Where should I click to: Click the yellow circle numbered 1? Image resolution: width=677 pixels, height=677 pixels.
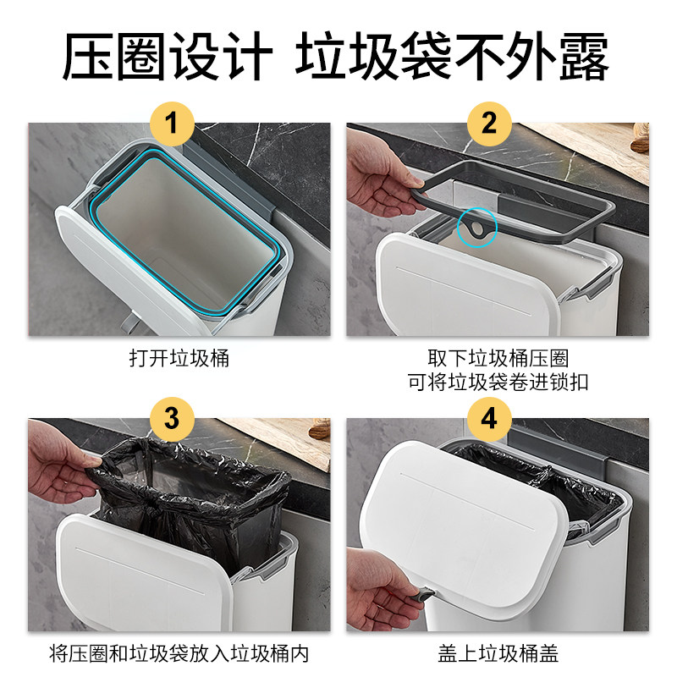tap(172, 124)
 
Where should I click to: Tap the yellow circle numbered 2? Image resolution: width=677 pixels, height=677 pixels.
tap(489, 124)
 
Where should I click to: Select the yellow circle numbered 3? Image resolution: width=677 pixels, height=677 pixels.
tap(172, 419)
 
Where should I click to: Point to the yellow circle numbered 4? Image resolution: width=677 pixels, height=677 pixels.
tap(489, 419)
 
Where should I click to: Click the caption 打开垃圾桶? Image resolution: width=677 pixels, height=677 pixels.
tap(179, 358)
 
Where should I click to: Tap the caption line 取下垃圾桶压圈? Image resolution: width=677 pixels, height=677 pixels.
tap(498, 358)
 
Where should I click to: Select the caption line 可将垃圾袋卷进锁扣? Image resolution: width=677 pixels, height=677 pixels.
tap(498, 383)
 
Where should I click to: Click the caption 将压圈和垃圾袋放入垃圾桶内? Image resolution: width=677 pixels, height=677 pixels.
tap(179, 653)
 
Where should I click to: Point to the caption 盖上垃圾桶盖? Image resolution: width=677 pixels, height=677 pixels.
tap(498, 653)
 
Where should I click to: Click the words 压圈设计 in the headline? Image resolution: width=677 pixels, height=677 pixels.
tap(168, 56)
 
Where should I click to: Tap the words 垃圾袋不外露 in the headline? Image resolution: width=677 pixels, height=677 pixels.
tap(452, 56)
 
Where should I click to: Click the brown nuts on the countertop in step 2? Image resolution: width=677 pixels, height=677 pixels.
tap(640, 138)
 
